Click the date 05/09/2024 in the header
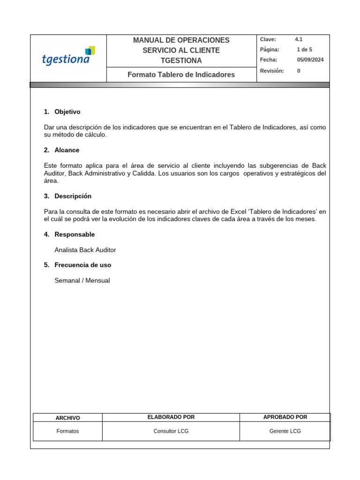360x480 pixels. (310, 60)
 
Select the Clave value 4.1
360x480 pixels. (299, 40)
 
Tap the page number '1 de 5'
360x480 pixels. (304, 50)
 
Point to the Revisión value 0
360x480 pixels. (299, 71)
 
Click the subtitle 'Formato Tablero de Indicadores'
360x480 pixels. (181, 75)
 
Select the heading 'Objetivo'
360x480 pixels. (67, 112)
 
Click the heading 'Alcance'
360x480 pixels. (67, 150)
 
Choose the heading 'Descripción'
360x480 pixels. (73, 196)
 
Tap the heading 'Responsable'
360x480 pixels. (75, 234)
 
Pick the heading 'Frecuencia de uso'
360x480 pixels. (82, 265)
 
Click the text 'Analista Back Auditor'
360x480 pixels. (85, 250)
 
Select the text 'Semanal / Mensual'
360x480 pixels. (82, 281)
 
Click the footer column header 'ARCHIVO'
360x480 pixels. (67, 418)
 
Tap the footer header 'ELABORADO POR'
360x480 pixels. (171, 417)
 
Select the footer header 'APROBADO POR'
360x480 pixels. (285, 417)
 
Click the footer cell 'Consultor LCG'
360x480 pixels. (171, 431)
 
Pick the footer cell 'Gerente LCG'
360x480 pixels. (285, 431)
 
